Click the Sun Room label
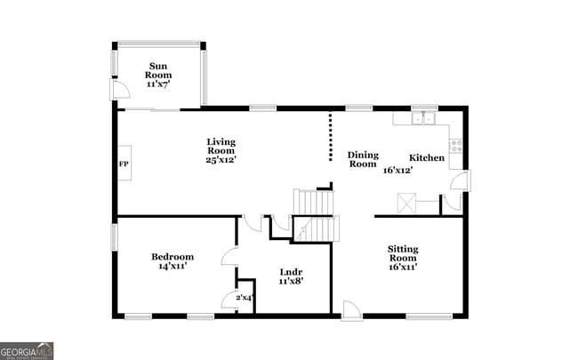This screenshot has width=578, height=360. (x=159, y=70)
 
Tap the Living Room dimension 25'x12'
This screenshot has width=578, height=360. (x=221, y=161)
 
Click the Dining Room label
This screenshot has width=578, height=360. (x=363, y=159)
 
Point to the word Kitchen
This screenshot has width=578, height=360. (x=427, y=158)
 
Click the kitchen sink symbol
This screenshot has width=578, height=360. (x=421, y=118)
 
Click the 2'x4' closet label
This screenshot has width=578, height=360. (x=243, y=297)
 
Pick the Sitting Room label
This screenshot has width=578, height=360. (x=403, y=252)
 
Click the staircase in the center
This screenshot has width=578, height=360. (x=315, y=215)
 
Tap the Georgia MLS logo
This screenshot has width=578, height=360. (x=27, y=350)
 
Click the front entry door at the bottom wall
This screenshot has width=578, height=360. (x=352, y=310)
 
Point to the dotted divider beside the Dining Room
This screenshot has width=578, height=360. (x=331, y=138)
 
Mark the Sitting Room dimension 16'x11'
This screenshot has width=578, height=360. (x=403, y=266)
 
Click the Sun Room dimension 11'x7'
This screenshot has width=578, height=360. (x=159, y=83)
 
